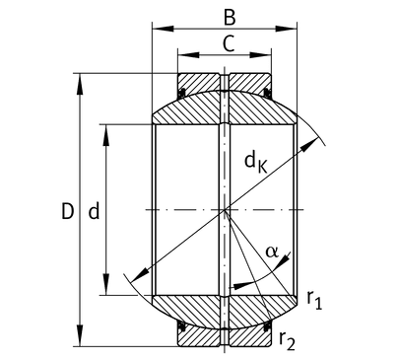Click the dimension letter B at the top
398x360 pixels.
[x=230, y=18]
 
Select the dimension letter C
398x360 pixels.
[x=229, y=43]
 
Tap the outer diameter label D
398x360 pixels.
[x=67, y=211]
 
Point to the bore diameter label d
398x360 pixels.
[x=94, y=211]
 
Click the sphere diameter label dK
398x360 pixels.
[x=256, y=163]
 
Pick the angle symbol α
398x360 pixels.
[x=272, y=252]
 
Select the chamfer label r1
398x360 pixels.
[x=314, y=300]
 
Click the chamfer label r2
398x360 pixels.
[x=287, y=341]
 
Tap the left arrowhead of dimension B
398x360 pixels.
[x=163, y=29]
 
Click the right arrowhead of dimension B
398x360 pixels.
[x=286, y=29]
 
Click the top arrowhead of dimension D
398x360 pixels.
[x=80, y=84]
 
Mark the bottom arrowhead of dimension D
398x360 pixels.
[x=80, y=335]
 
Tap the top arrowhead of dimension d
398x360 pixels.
[x=105, y=135]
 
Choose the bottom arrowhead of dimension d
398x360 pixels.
[x=105, y=284]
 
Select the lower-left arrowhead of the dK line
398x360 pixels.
[x=139, y=275]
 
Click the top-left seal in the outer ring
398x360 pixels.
[x=181, y=93]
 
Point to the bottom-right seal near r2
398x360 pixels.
[x=268, y=325]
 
